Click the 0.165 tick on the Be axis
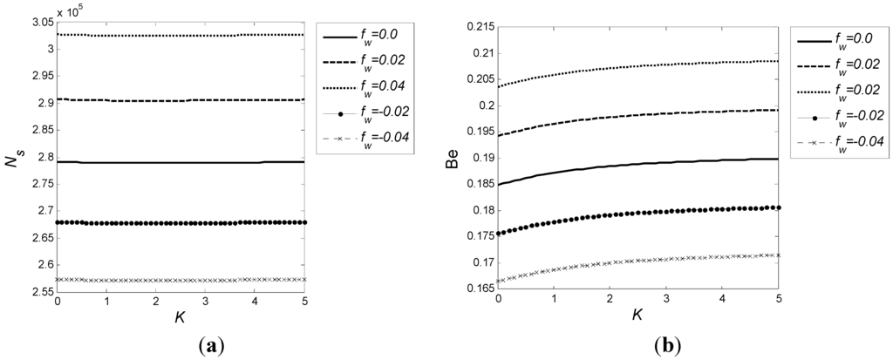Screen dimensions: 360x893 478,289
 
